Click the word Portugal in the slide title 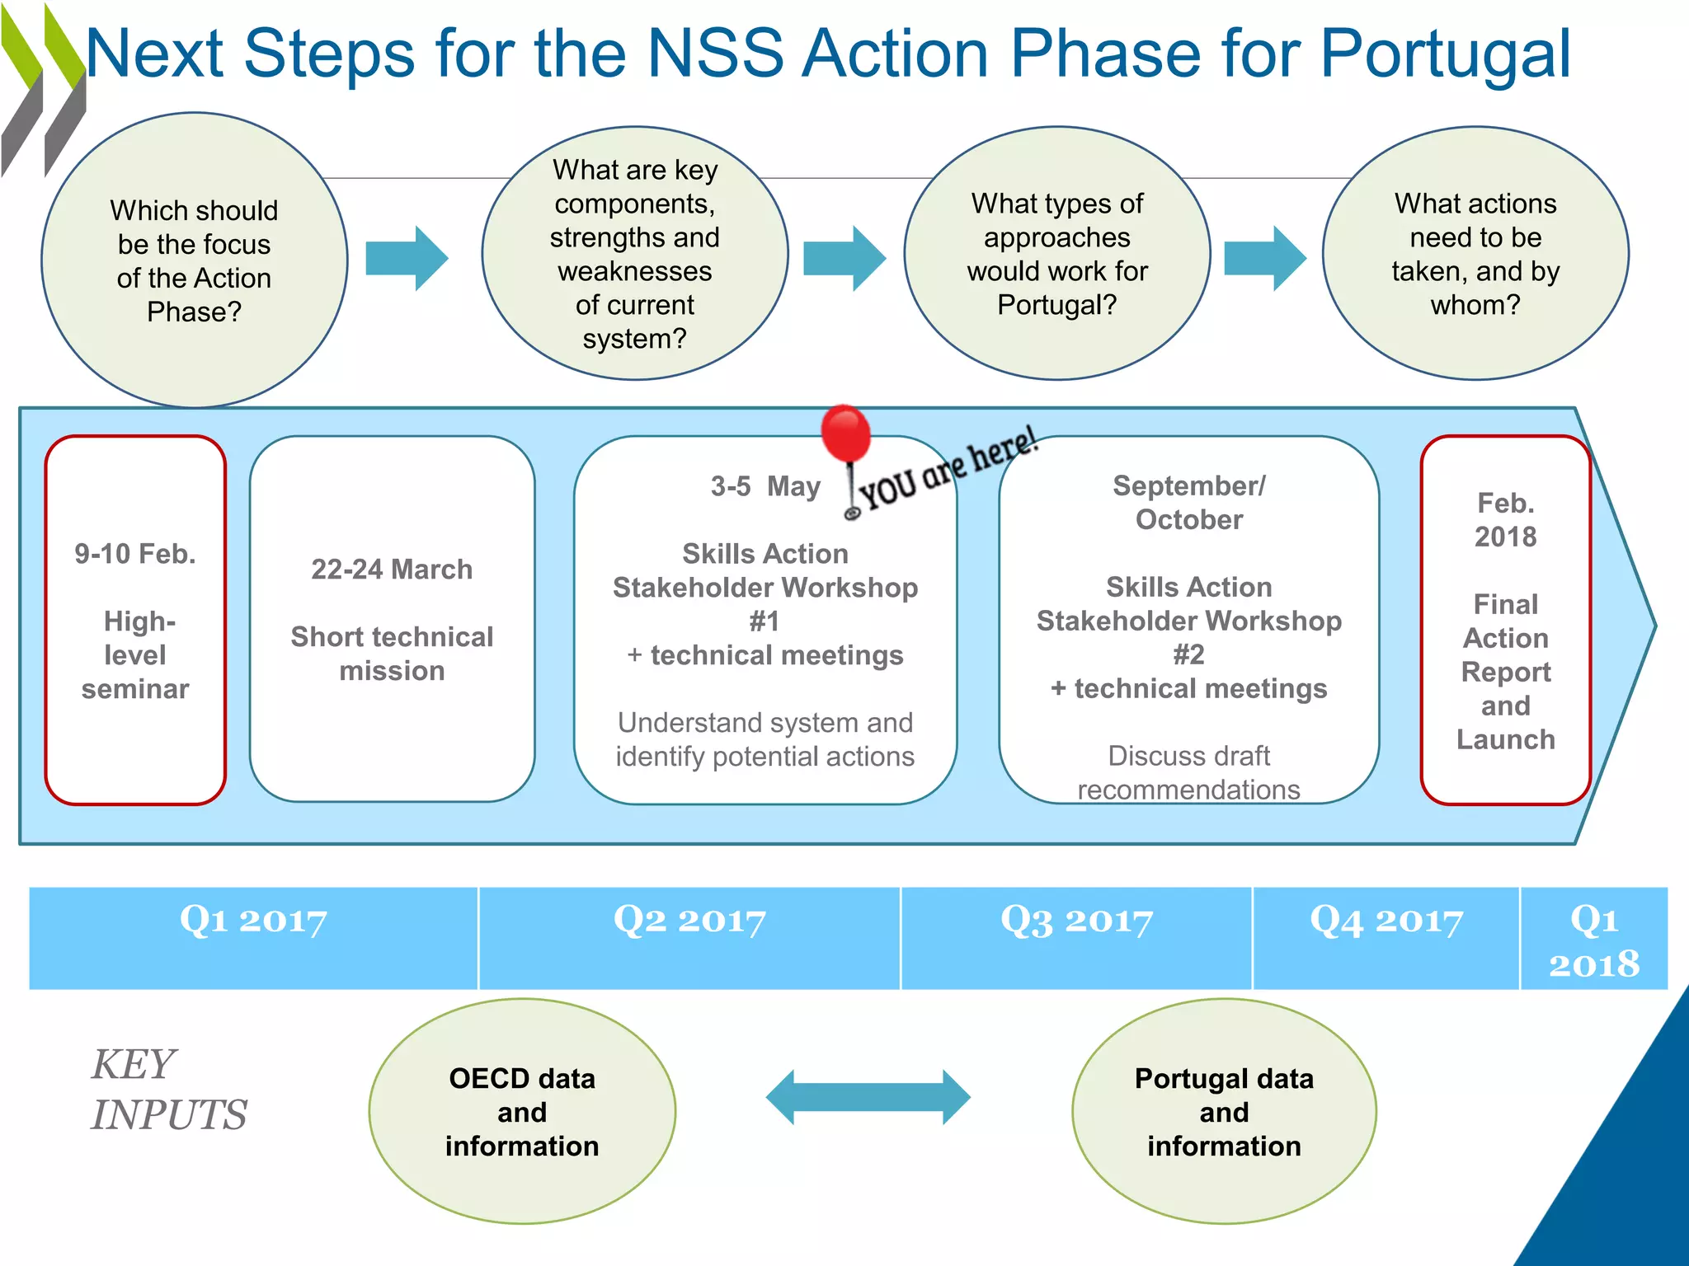point(1445,54)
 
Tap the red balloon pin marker point(845,434)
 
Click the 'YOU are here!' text point(948,470)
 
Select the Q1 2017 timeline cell point(253,938)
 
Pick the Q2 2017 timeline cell point(689,938)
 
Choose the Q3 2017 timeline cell point(1076,938)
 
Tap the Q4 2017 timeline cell point(1386,938)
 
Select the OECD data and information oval point(522,1112)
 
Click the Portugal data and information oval point(1224,1112)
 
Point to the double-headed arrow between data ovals point(868,1097)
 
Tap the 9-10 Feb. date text point(135,554)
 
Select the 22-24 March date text point(392,570)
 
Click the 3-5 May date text point(765,486)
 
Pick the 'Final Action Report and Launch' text point(1505,672)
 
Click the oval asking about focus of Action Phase point(195,260)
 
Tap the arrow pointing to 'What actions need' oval point(1264,258)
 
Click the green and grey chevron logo point(43,91)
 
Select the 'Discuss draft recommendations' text point(1188,772)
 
